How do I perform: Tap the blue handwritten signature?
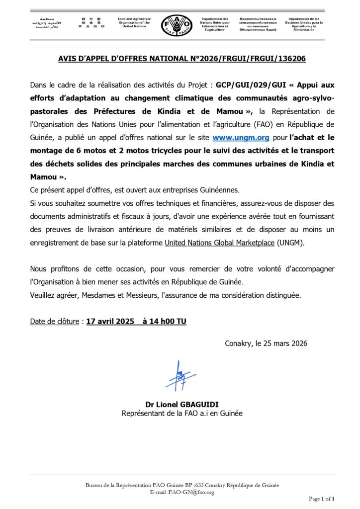tap(180, 377)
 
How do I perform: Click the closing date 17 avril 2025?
tap(110, 322)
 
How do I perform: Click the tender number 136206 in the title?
tap(290, 59)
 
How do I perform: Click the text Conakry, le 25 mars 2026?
tap(266, 343)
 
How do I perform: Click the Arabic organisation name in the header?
tap(44, 23)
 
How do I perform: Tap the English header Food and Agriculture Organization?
tap(134, 22)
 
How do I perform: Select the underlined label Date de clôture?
tap(54, 322)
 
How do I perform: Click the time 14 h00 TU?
tap(164, 322)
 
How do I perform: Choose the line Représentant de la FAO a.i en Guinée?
tap(182, 414)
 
